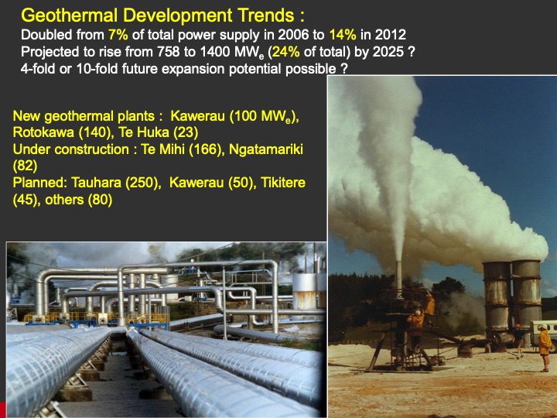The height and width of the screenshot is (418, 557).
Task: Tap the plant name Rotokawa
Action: pos(40,132)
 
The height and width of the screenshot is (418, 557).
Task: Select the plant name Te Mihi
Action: pos(149,149)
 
